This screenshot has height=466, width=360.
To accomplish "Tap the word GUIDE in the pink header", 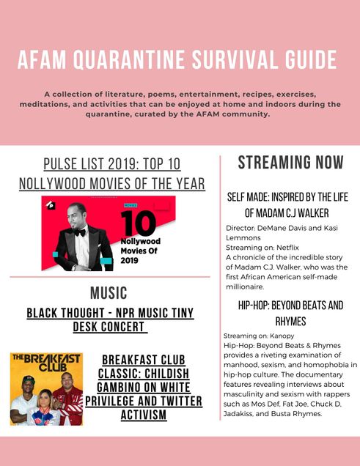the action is click(x=312, y=60).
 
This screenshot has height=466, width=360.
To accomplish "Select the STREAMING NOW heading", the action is click(x=291, y=162).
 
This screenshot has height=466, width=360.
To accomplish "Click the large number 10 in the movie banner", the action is click(x=139, y=223).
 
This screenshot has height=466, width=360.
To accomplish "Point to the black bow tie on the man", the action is click(x=80, y=232).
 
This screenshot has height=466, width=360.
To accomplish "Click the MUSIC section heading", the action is click(x=109, y=293).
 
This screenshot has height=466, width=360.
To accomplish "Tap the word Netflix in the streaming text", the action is click(x=287, y=248).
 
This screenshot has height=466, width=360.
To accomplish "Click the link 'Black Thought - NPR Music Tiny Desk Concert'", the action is click(x=110, y=320).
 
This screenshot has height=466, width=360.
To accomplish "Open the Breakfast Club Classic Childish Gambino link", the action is click(x=144, y=388).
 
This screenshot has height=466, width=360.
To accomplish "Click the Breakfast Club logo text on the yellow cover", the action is click(x=46, y=362).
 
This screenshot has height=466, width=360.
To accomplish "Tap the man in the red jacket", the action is click(x=69, y=399).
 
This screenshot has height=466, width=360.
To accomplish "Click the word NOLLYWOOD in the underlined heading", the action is click(x=52, y=184).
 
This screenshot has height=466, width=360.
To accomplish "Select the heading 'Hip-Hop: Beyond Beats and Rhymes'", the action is click(x=291, y=314).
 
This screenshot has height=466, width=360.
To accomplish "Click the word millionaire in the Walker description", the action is click(x=245, y=286).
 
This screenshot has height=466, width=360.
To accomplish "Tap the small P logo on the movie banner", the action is click(x=51, y=205).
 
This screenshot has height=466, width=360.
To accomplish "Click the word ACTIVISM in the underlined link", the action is click(x=144, y=415).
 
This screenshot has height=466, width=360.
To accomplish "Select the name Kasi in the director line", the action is click(x=331, y=228).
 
